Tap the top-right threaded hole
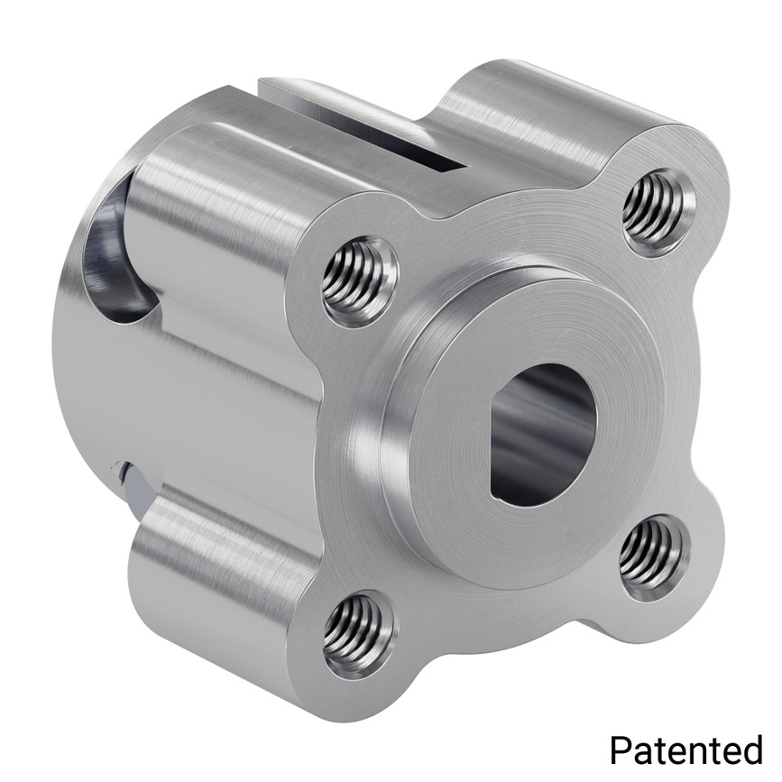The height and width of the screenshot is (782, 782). pyautogui.click(x=658, y=211)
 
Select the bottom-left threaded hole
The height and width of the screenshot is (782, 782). pyautogui.click(x=358, y=634)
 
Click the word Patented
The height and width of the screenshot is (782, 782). pyautogui.click(x=686, y=750)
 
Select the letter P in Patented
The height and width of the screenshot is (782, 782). pyautogui.click(x=621, y=750)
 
